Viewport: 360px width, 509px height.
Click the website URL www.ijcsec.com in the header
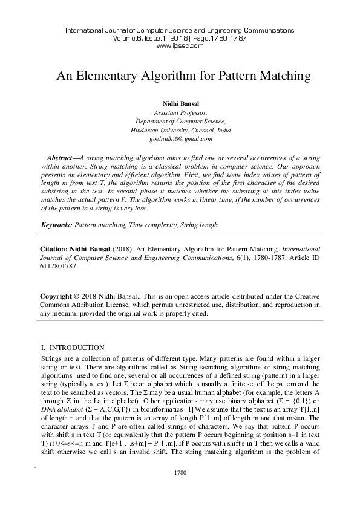pos(179,45)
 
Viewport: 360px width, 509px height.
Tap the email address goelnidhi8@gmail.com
pos(180,138)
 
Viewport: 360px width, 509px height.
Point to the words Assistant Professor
pos(180,113)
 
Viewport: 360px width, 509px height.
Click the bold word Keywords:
pos(56,225)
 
